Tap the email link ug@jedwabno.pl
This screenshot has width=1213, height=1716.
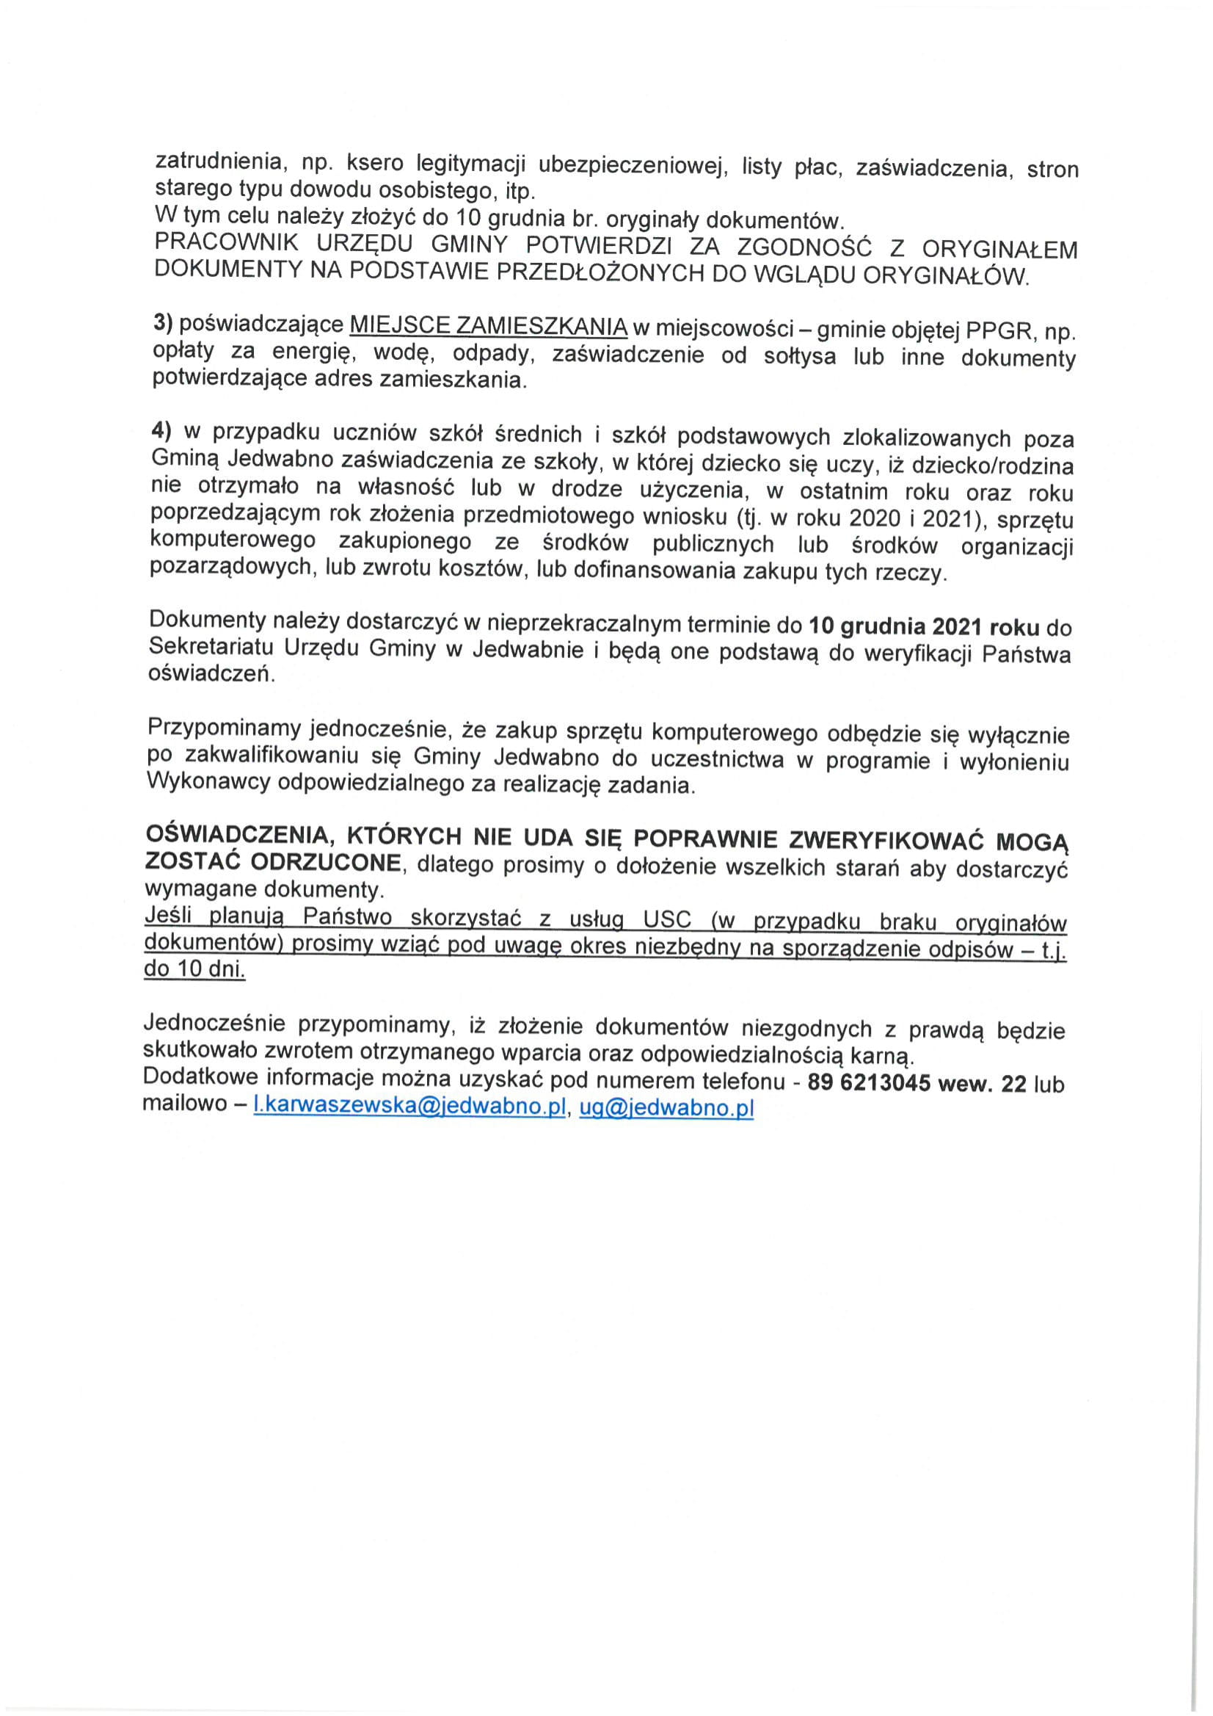coord(666,1107)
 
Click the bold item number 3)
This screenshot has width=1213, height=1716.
coord(162,324)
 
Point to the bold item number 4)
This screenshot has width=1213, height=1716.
coord(161,431)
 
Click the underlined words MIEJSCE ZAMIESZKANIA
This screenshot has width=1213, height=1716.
coord(489,327)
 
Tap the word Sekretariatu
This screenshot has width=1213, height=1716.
coord(211,647)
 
